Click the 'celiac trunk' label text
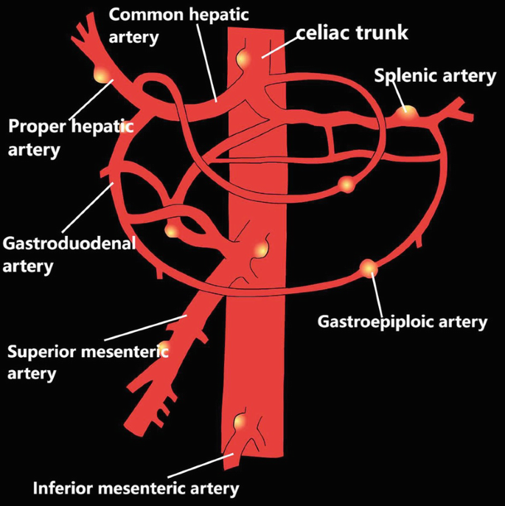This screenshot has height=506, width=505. point(352,32)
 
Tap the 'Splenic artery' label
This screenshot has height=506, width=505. point(435,76)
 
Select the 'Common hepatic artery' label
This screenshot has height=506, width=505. point(158,24)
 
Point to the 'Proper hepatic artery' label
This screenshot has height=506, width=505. point(70,137)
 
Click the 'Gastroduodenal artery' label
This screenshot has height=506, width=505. point(69,254)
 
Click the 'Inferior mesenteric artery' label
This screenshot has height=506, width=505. point(136,488)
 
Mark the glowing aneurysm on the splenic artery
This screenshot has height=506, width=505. point(405,112)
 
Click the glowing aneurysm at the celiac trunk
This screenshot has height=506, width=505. point(243,58)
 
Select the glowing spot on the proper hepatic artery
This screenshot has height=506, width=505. point(101,74)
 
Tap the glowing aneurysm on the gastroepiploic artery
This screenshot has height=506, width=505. point(369,268)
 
